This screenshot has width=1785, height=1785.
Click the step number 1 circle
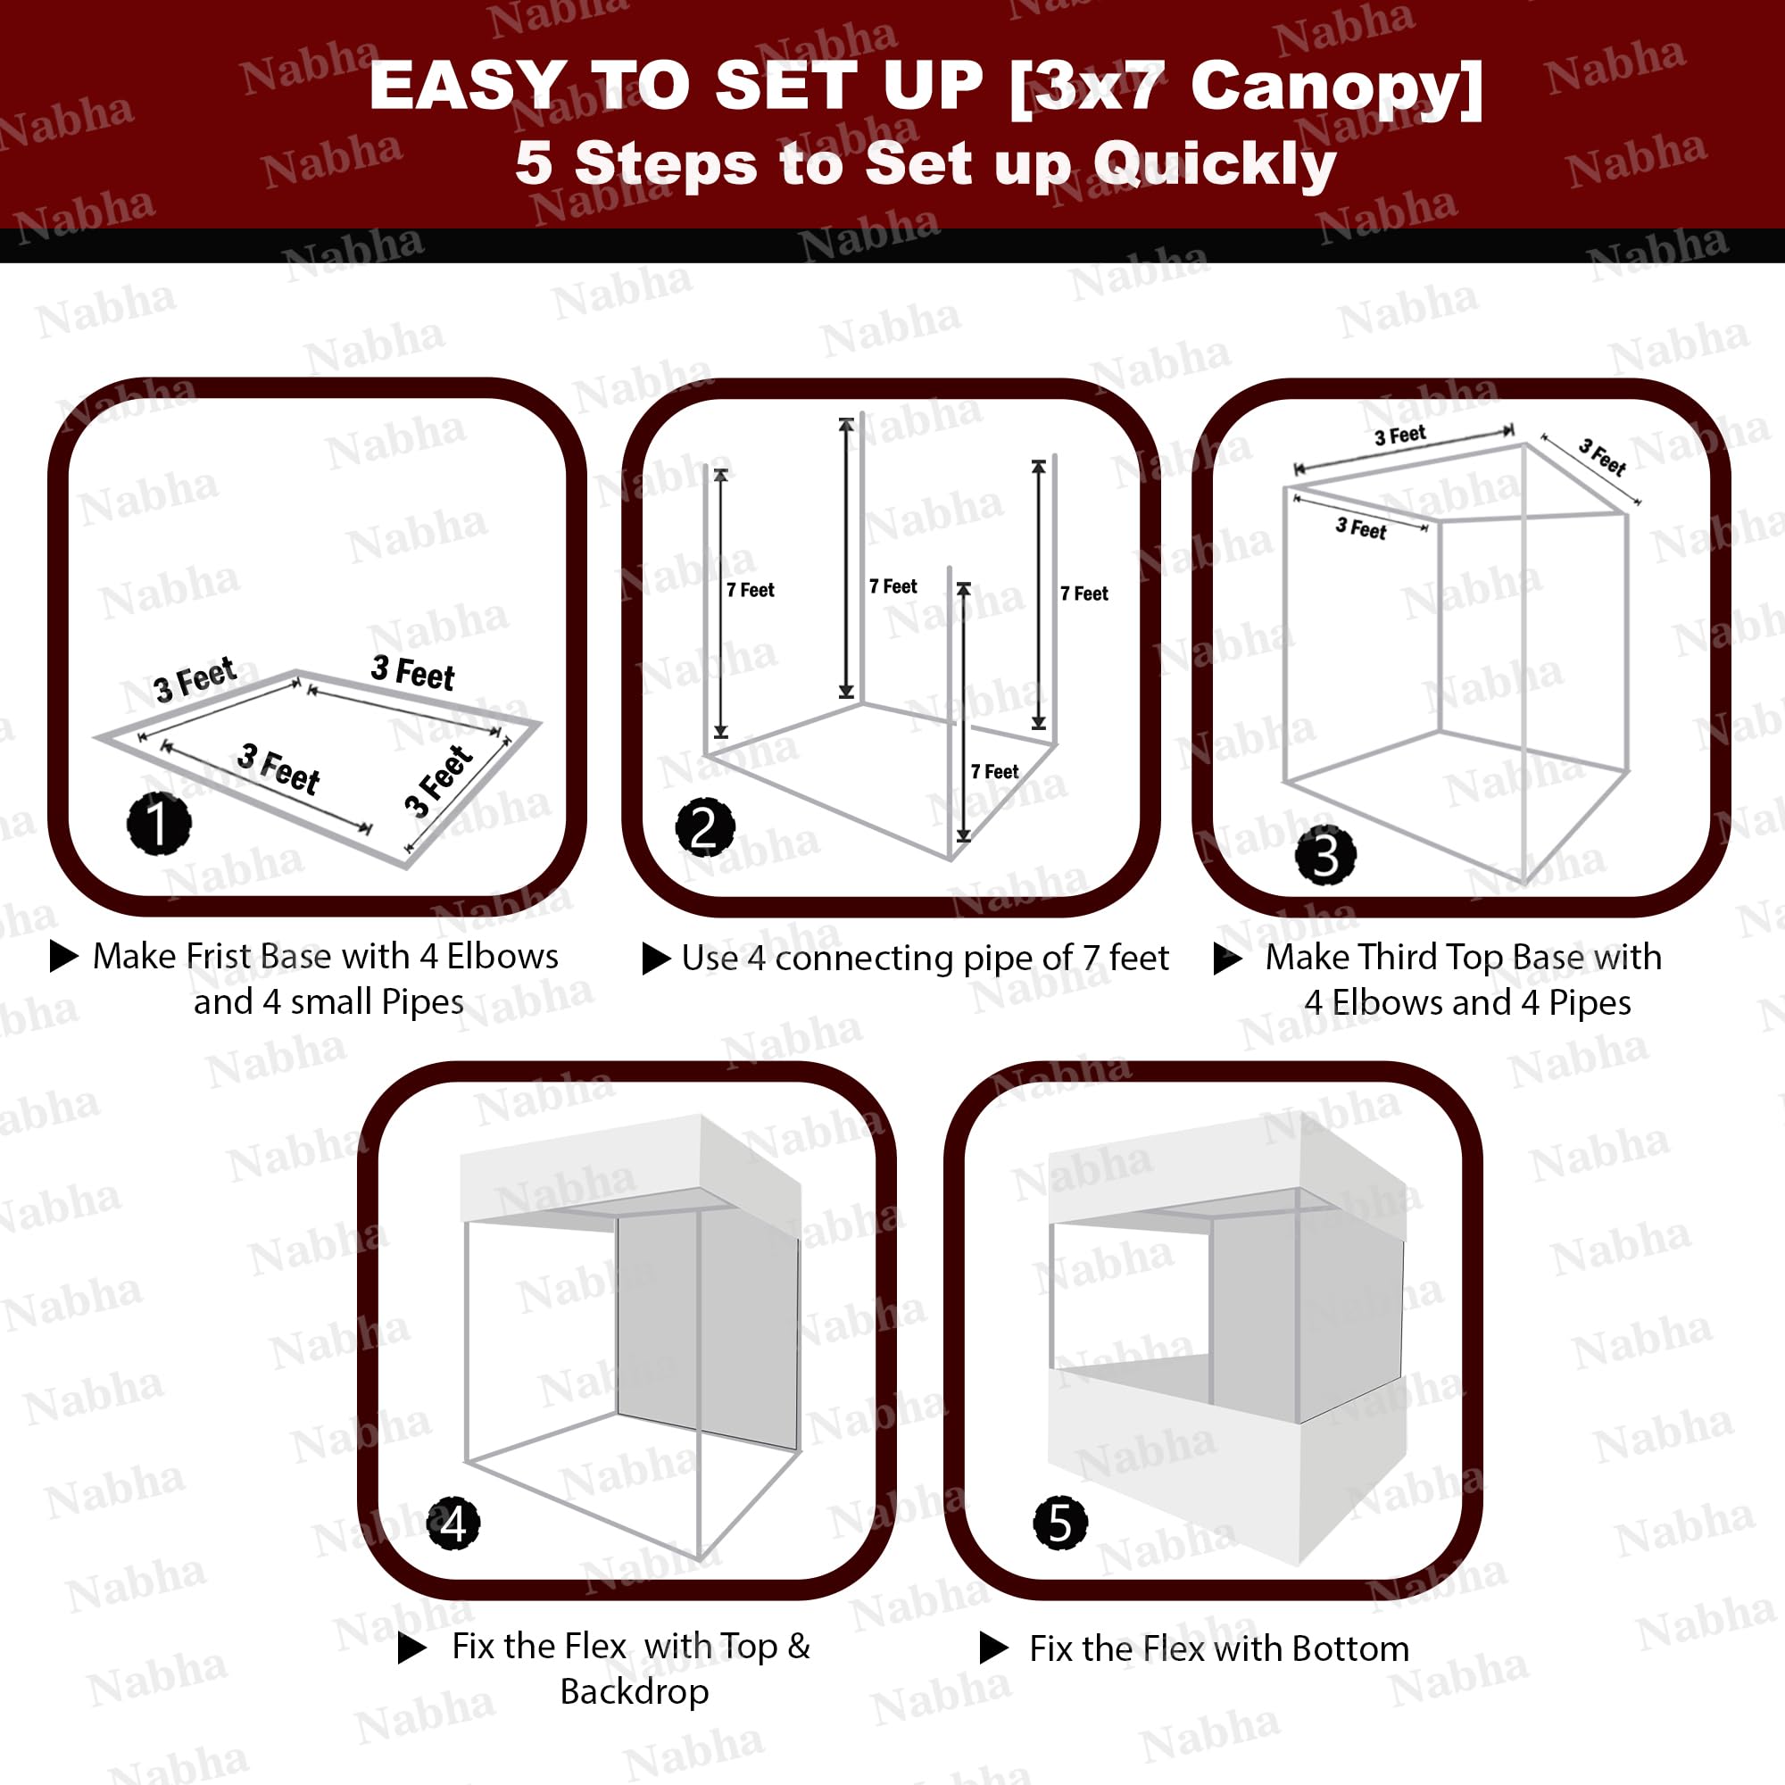159,822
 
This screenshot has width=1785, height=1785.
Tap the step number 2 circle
705,827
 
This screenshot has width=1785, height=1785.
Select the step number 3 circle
1326,856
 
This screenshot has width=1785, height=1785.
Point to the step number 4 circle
452,1523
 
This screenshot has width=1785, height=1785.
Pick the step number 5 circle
1059,1523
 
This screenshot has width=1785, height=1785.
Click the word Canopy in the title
1337,87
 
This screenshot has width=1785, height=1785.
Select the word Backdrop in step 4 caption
635,1691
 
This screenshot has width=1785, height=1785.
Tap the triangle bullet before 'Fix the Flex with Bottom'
993,1648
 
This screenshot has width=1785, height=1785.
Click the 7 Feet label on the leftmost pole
751,589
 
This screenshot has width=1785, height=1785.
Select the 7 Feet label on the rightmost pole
1083,594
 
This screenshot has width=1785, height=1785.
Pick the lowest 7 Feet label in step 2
994,771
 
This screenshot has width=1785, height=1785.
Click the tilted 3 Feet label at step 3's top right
1603,456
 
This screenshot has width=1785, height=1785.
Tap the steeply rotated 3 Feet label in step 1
440,781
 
